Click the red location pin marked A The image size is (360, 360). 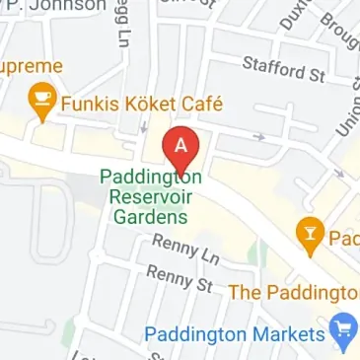pyautogui.click(x=180, y=149)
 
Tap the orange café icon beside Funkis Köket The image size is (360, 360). pyautogui.click(x=41, y=102)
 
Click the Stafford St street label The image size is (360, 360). pyautogui.click(x=283, y=70)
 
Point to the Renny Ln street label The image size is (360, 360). pyautogui.click(x=184, y=250)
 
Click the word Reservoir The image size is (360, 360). pyautogui.click(x=149, y=196)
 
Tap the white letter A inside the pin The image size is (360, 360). pyautogui.click(x=180, y=142)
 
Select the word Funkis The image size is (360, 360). pyautogui.click(x=87, y=102)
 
